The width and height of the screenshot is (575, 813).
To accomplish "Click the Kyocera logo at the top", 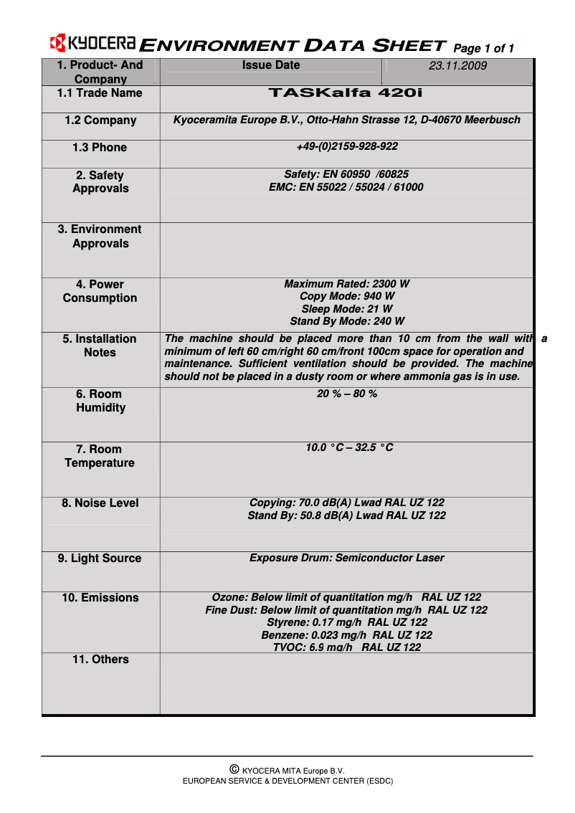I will click(x=92, y=44).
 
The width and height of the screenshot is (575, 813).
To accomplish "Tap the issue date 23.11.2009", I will click(x=457, y=66).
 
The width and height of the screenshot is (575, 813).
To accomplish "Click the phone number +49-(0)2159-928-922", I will click(x=346, y=147).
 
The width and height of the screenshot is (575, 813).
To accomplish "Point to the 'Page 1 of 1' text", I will click(x=484, y=49).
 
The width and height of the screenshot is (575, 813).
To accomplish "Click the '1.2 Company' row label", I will click(x=100, y=120).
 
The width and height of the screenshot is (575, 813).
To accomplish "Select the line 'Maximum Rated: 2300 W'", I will click(x=346, y=285).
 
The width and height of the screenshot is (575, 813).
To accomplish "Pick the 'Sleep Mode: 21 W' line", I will click(x=346, y=309).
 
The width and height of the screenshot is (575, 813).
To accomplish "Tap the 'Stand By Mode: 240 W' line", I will click(x=346, y=321).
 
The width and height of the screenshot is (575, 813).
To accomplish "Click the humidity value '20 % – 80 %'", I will click(x=346, y=394).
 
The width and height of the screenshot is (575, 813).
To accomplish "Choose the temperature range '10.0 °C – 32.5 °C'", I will click(x=349, y=448).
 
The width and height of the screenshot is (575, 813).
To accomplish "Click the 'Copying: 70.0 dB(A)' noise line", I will click(x=346, y=503).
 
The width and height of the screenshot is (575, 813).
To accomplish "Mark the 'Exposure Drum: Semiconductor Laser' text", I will click(x=346, y=558).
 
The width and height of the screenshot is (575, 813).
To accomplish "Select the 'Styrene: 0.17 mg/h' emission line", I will click(x=346, y=622).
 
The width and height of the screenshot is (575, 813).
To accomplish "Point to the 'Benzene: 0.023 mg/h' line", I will click(x=346, y=635).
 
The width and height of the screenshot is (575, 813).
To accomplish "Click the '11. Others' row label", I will click(x=100, y=660).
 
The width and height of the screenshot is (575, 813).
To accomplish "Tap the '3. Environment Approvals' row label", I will click(x=100, y=237).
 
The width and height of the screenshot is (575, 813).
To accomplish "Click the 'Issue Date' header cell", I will click(x=271, y=65).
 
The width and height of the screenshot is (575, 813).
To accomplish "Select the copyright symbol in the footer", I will click(x=234, y=769).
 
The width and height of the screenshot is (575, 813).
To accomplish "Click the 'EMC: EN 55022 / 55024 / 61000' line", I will click(x=346, y=187).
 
